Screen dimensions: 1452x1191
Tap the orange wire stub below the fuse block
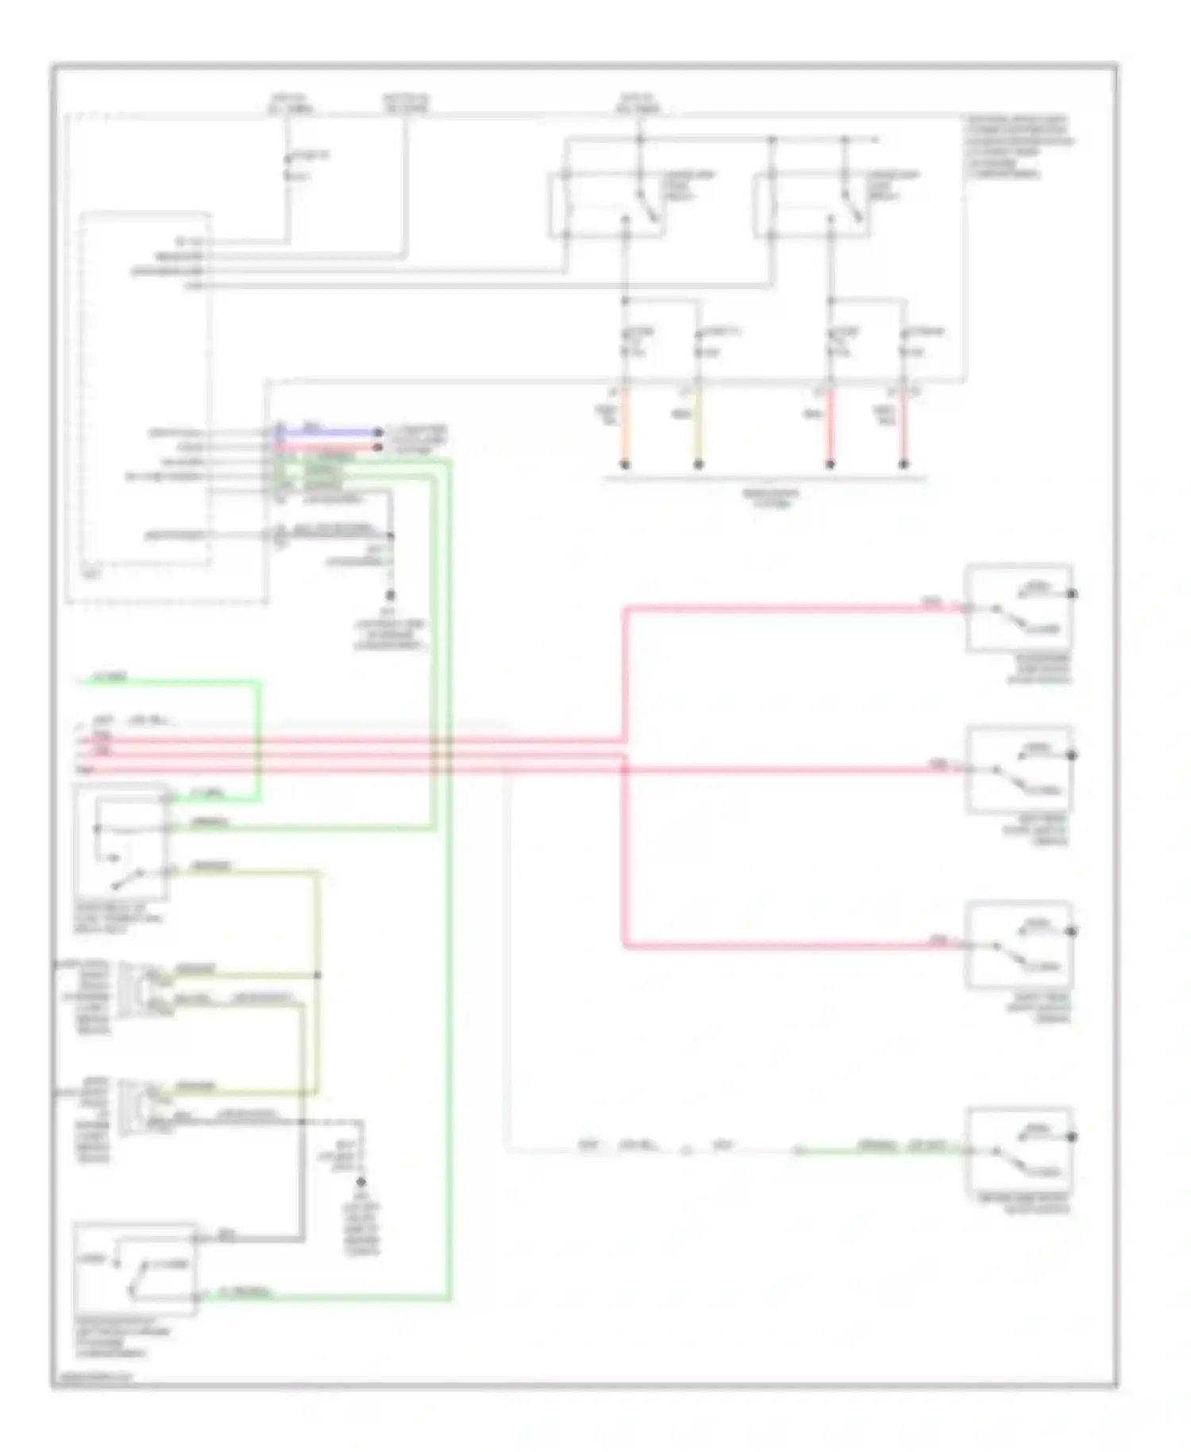point(624,429)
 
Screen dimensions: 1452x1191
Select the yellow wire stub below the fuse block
point(698,429)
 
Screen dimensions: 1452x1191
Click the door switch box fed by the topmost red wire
point(1019,608)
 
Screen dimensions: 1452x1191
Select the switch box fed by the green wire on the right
point(1019,1150)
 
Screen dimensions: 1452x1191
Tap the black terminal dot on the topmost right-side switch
point(1072,593)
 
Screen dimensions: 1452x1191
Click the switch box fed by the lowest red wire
point(1019,945)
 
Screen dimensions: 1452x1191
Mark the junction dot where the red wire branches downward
point(625,769)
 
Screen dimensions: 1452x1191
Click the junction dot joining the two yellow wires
point(318,975)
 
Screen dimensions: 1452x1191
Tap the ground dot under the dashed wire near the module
point(390,595)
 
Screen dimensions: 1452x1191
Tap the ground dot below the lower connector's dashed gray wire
point(361,1182)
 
